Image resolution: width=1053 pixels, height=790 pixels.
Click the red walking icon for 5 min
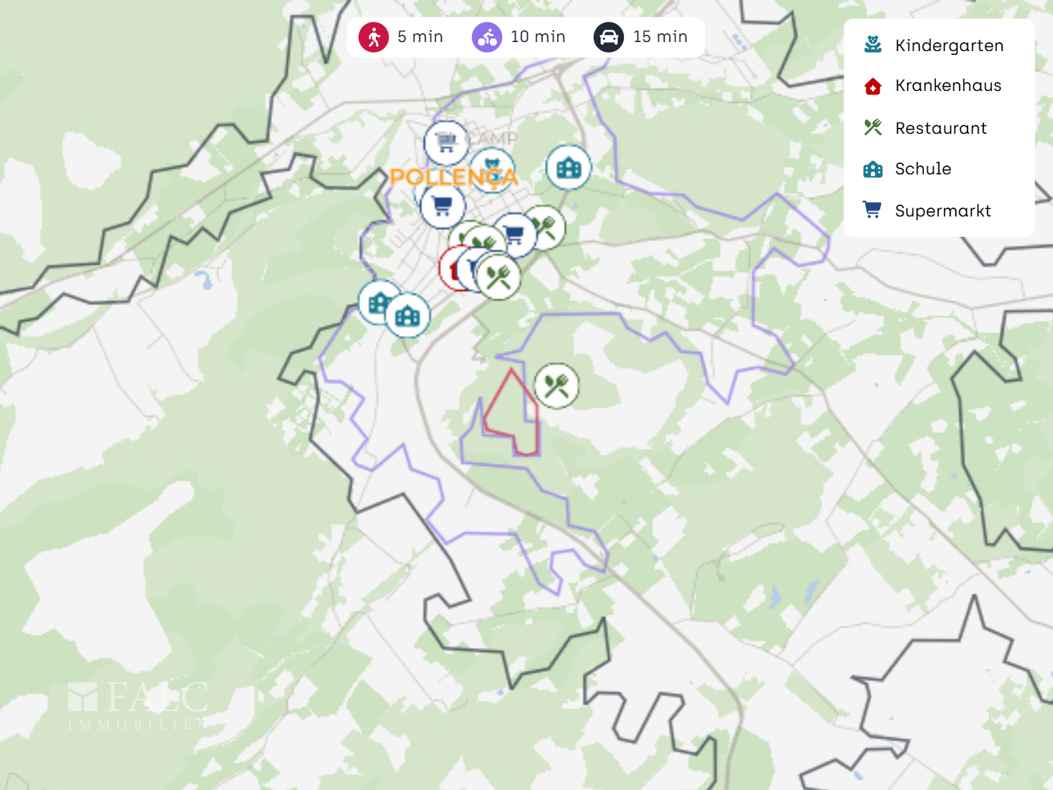[374, 37]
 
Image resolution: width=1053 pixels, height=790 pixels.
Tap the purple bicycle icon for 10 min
[487, 37]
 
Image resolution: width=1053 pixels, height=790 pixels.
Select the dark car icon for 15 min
[609, 37]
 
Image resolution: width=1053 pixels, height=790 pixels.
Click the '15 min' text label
[660, 37]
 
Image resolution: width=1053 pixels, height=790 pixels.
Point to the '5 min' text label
[420, 37]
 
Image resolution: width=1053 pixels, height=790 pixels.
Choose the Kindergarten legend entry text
[949, 46]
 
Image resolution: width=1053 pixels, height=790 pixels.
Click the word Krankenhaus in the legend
[948, 86]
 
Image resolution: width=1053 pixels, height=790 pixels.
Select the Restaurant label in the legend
[941, 129]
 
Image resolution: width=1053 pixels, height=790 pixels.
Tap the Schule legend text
[923, 169]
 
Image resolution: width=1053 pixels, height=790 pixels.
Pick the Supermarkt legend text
[943, 211]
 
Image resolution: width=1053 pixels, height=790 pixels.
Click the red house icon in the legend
[873, 86]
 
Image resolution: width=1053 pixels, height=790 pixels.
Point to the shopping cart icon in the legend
[872, 210]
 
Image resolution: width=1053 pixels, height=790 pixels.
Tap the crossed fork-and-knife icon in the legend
[873, 128]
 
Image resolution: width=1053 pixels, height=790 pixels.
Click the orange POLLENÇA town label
[453, 177]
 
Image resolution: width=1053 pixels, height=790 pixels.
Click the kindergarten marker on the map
[492, 167]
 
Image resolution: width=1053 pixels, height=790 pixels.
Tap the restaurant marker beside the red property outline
[556, 386]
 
